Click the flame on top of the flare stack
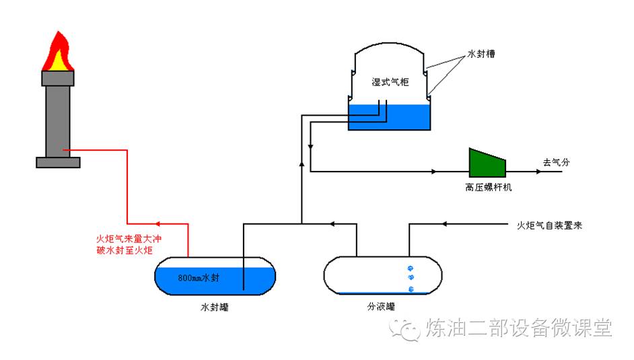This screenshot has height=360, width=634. [x=58, y=55]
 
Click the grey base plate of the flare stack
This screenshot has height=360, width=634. [x=58, y=162]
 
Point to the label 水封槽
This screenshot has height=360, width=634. [x=482, y=54]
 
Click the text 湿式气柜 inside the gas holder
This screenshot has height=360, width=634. [x=390, y=82]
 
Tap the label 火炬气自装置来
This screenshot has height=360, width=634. [x=549, y=225]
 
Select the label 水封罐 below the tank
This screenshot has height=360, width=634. [x=215, y=307]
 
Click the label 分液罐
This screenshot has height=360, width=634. [x=381, y=307]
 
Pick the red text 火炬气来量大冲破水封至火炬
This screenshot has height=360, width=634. [x=129, y=245]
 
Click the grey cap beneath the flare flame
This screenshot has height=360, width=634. [x=58, y=78]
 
